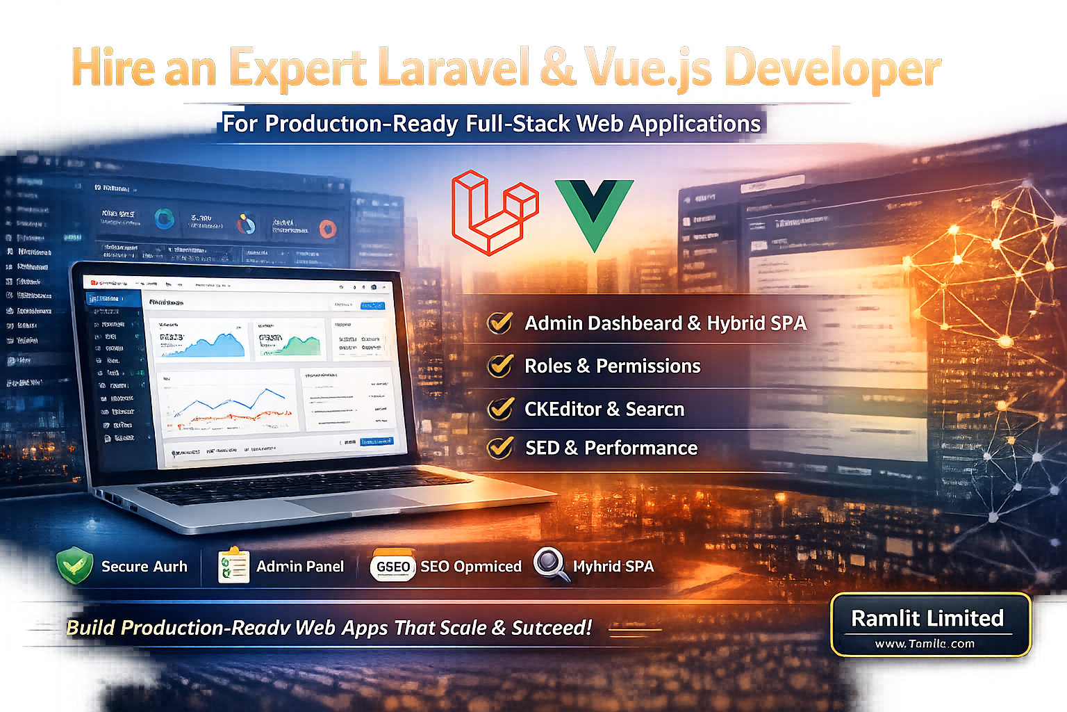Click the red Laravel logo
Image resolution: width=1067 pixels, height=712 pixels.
[494, 211]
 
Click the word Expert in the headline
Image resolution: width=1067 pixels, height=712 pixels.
[297, 68]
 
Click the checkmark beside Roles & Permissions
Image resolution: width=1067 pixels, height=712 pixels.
[500, 366]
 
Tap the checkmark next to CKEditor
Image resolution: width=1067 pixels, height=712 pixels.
[500, 409]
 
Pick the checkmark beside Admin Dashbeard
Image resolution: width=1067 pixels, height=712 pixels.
[500, 323]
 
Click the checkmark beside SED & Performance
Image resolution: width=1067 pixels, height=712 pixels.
[500, 448]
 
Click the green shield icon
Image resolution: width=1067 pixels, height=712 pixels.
[75, 565]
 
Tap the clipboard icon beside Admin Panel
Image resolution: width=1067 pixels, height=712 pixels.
[233, 565]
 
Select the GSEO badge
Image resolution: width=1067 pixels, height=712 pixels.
[392, 567]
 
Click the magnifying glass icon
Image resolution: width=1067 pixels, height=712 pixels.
[551, 564]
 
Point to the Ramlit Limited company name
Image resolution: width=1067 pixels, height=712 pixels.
[927, 618]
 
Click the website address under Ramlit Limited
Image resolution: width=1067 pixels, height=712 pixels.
[925, 644]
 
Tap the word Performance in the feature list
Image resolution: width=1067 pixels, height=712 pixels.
[640, 448]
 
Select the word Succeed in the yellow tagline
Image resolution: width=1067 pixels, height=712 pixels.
[552, 628]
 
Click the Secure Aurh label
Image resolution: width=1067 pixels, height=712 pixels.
[144, 567]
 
